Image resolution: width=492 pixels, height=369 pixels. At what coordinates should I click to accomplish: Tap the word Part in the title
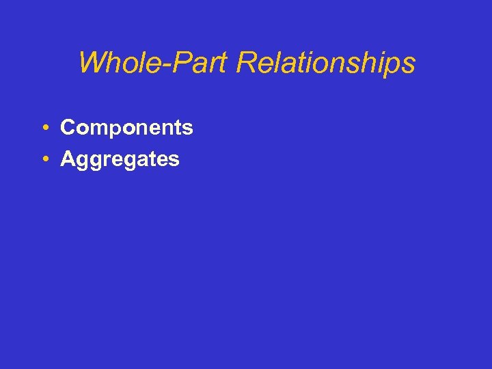tap(197, 63)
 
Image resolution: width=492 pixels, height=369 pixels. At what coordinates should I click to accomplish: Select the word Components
tap(126, 128)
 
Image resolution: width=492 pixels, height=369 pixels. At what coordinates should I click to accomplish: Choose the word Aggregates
tap(120, 160)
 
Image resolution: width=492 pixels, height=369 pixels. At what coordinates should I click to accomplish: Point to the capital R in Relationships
tap(245, 63)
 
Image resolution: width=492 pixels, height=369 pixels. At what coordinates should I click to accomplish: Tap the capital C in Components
tap(68, 128)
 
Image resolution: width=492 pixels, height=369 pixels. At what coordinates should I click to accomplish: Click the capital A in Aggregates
tap(68, 159)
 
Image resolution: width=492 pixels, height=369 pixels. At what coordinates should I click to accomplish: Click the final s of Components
tap(188, 129)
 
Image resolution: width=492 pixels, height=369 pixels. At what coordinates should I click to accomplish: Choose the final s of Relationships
tap(408, 65)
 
